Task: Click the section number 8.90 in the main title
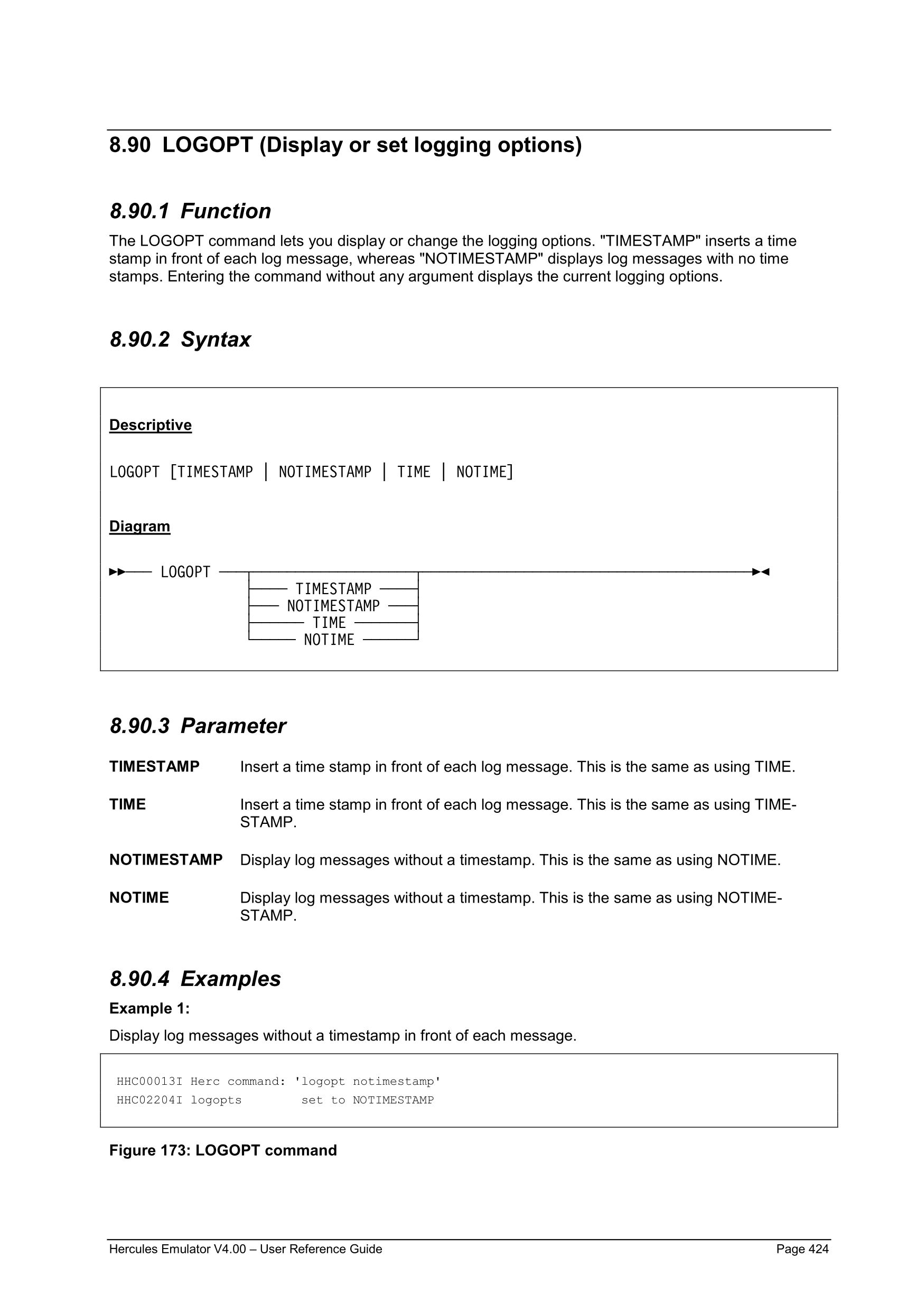tap(130, 145)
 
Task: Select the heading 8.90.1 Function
tap(190, 211)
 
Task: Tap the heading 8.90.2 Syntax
tap(180, 340)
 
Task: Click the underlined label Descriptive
tap(150, 425)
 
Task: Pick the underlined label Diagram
tap(139, 526)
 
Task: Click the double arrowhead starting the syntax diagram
tap(117, 572)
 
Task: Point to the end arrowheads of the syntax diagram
tap(761, 572)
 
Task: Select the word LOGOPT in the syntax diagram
tap(185, 573)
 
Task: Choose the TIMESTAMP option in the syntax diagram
tap(333, 589)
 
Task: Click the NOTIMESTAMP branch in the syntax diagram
tap(333, 606)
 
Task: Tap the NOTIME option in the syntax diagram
tap(329, 640)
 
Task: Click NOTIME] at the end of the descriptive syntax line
tap(484, 472)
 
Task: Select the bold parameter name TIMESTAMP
tap(154, 766)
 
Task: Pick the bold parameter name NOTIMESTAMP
tap(166, 860)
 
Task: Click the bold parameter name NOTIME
tap(139, 897)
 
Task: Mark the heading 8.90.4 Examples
tap(194, 979)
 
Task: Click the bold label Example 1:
tap(149, 1008)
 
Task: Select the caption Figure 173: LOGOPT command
tap(223, 1151)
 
